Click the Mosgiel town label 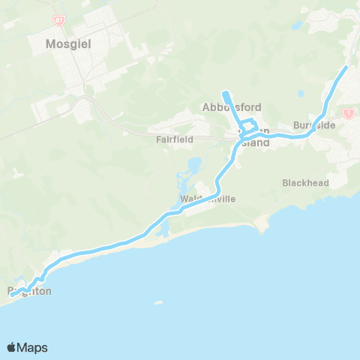[68, 43]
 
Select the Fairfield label [175, 139]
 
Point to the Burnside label [314, 125]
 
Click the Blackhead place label [301, 182]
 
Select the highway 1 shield [348, 112]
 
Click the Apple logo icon [12, 347]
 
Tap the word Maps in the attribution [32, 347]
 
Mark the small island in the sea [157, 304]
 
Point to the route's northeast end [346, 67]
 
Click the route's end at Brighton [11, 295]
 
